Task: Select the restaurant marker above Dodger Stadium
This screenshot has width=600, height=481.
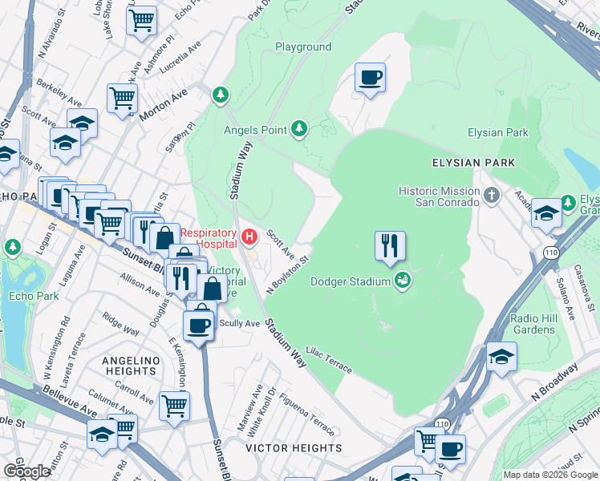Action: click(390, 246)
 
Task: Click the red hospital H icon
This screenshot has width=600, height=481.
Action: click(249, 237)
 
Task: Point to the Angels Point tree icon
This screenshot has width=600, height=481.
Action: click(298, 128)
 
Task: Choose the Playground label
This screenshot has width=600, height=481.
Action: click(303, 46)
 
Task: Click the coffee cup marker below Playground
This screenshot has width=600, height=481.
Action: click(370, 79)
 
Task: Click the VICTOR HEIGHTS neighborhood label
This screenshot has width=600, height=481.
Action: click(294, 448)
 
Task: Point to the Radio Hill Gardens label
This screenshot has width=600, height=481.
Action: click(533, 324)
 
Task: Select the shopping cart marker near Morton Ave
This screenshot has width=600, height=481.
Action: click(122, 99)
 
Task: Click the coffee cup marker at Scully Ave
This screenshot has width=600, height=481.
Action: click(199, 325)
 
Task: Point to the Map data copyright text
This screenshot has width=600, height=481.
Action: click(549, 475)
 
